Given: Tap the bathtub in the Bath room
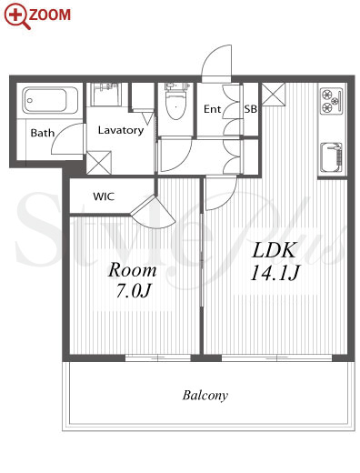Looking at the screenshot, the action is (x=50, y=100).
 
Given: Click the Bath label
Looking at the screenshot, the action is (x=43, y=133).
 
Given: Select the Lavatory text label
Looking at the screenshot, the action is (x=120, y=130).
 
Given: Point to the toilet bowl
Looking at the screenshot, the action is (x=176, y=106).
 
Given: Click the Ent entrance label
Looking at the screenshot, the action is (x=212, y=109).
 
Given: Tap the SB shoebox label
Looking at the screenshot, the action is (x=251, y=109).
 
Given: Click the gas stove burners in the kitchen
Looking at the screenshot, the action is (x=332, y=101).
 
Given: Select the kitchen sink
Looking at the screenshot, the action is (x=332, y=157).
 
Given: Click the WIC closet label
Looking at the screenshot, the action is (x=104, y=196).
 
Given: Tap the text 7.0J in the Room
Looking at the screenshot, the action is (x=133, y=291).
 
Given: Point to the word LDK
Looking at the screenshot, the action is (x=274, y=250).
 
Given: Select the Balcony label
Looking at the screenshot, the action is (x=205, y=395).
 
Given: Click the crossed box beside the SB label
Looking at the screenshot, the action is (x=274, y=94).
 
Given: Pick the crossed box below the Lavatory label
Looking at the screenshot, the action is (x=99, y=163).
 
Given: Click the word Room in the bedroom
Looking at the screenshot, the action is (x=132, y=270).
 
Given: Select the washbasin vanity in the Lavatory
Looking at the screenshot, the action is (x=105, y=94).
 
